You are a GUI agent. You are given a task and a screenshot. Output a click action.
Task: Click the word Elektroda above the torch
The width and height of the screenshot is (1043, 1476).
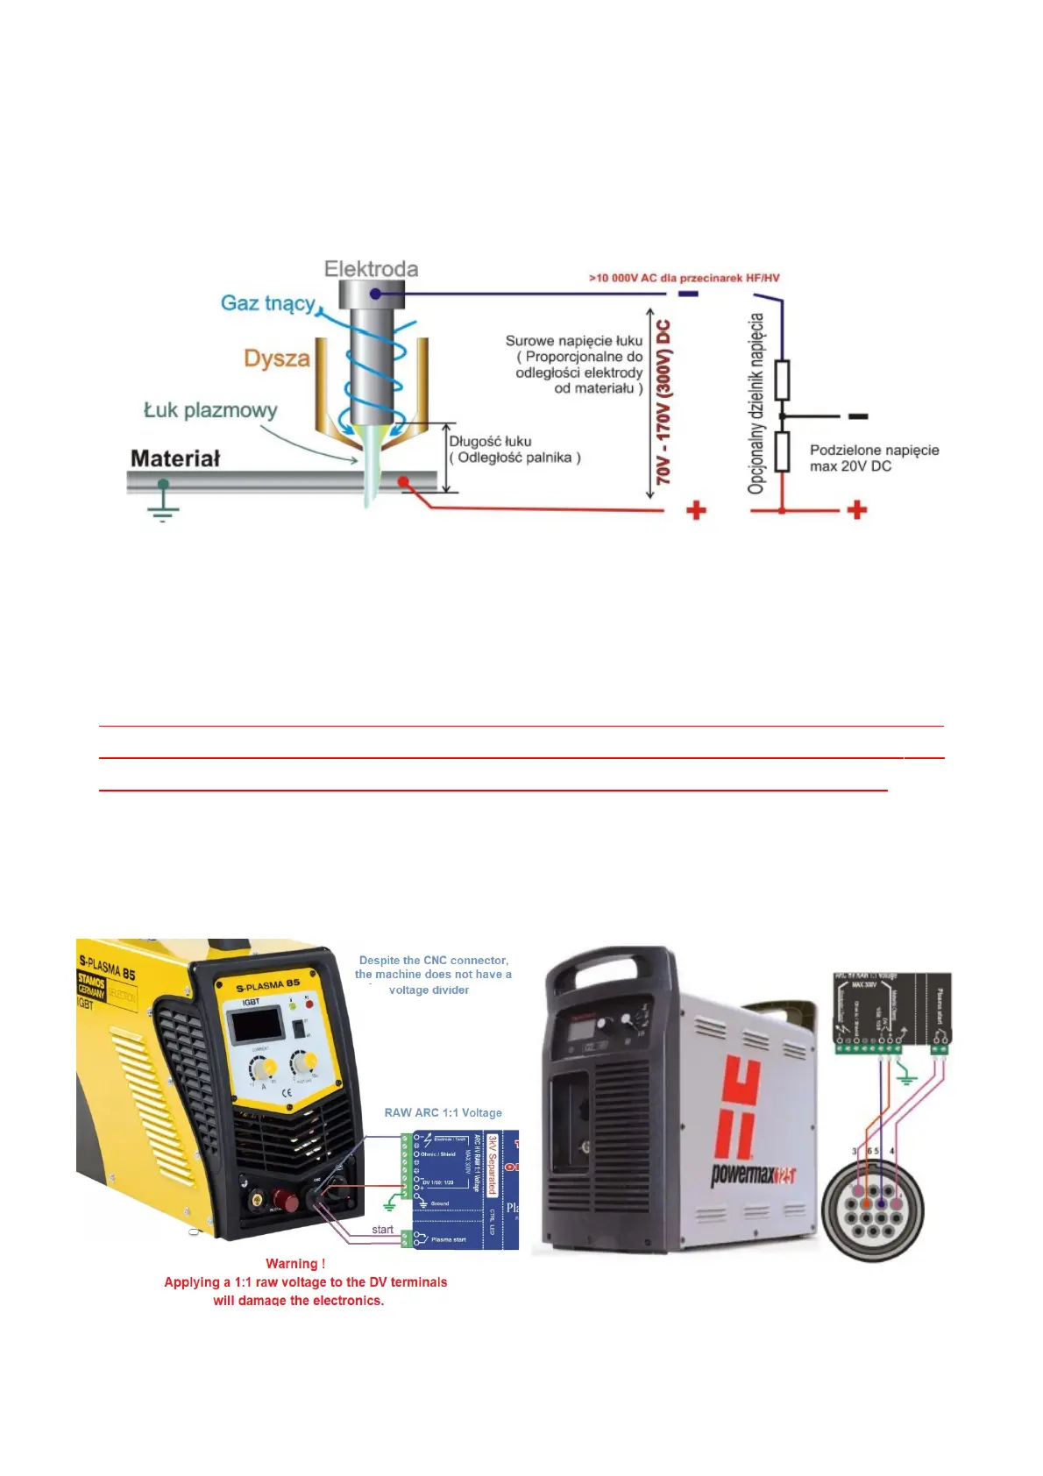pyautogui.click(x=371, y=269)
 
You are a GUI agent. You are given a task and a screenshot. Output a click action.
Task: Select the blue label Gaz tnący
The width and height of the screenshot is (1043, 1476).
pyautogui.click(x=268, y=303)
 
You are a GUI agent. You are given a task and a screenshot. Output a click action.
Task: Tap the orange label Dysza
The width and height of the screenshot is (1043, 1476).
pyautogui.click(x=277, y=358)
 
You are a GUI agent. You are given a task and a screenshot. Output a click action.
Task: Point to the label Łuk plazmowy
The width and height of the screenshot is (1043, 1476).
pyautogui.click(x=210, y=410)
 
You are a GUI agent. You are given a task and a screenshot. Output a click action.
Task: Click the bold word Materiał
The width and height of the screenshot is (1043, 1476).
pyautogui.click(x=175, y=458)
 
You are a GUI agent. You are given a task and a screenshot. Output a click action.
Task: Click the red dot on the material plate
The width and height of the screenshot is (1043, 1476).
pyautogui.click(x=403, y=481)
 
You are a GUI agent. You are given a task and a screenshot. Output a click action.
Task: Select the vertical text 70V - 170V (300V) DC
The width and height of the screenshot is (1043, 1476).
pyautogui.click(x=664, y=402)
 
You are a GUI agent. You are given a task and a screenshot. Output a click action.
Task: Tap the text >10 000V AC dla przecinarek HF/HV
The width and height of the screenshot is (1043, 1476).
pyautogui.click(x=684, y=278)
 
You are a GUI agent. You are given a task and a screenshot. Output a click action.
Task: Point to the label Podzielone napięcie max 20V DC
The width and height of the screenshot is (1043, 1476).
pyautogui.click(x=874, y=458)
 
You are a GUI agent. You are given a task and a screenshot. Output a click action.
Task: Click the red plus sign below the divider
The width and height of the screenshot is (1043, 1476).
pyautogui.click(x=857, y=510)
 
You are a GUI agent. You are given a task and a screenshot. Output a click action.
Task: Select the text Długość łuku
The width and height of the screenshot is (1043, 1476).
pyautogui.click(x=490, y=441)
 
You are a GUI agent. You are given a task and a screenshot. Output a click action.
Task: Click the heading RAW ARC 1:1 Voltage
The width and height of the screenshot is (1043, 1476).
pyautogui.click(x=443, y=1113)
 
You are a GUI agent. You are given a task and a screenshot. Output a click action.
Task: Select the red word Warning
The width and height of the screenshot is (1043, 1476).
pyautogui.click(x=295, y=1264)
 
